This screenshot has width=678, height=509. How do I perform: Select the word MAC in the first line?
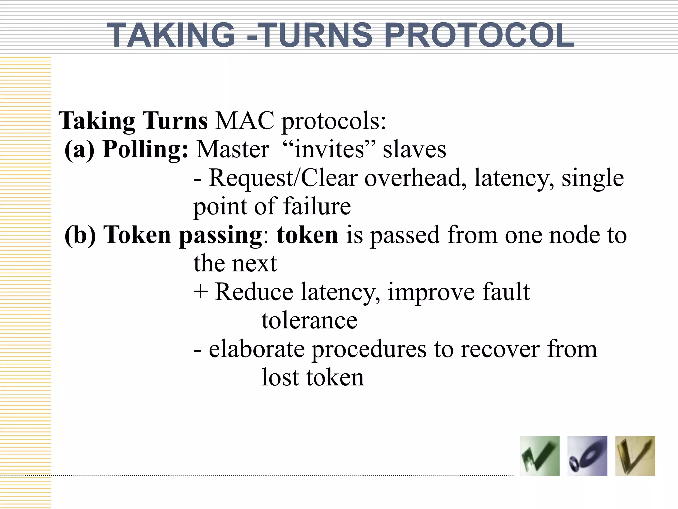pyautogui.click(x=245, y=121)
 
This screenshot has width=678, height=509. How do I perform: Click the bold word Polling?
pyautogui.click(x=145, y=149)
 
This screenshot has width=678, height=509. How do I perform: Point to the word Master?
pyautogui.click(x=233, y=149)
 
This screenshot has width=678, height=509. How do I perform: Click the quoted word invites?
pyautogui.click(x=329, y=149)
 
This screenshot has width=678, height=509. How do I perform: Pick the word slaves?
pyautogui.click(x=414, y=149)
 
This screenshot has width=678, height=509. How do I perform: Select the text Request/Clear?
pyautogui.click(x=283, y=178)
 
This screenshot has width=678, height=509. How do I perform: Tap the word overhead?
pyautogui.click(x=416, y=178)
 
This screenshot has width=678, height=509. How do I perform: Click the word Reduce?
pyautogui.click(x=254, y=292)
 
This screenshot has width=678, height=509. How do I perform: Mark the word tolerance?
pyautogui.click(x=309, y=320)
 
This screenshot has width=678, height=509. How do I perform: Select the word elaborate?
pyautogui.click(x=257, y=349)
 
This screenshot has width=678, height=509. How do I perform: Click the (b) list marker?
pyautogui.click(x=80, y=235)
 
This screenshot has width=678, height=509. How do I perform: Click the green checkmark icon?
pyautogui.click(x=540, y=456)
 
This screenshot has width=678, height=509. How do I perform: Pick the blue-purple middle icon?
pyautogui.click(x=587, y=456)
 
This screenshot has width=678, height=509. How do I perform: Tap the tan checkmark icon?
pyautogui.click(x=635, y=456)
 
